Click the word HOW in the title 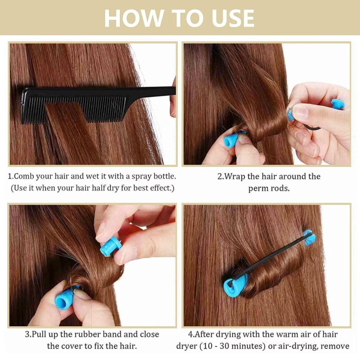tap(134, 18)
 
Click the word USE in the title tap(233, 18)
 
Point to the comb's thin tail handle tap(150, 91)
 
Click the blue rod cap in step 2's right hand tap(337, 104)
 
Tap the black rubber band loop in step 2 tap(312, 128)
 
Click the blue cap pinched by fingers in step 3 tap(110, 246)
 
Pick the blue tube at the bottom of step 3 tap(65, 298)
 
